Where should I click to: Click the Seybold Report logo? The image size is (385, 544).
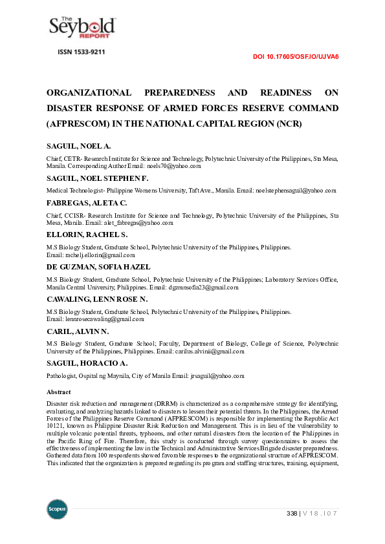point(82,26)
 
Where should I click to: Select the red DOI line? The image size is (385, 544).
point(296,57)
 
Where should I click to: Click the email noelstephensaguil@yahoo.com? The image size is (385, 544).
point(295,191)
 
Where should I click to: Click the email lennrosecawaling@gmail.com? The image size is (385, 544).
point(95,319)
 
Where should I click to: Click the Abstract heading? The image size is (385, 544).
point(59,392)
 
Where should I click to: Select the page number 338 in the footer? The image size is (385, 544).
point(292,514)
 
